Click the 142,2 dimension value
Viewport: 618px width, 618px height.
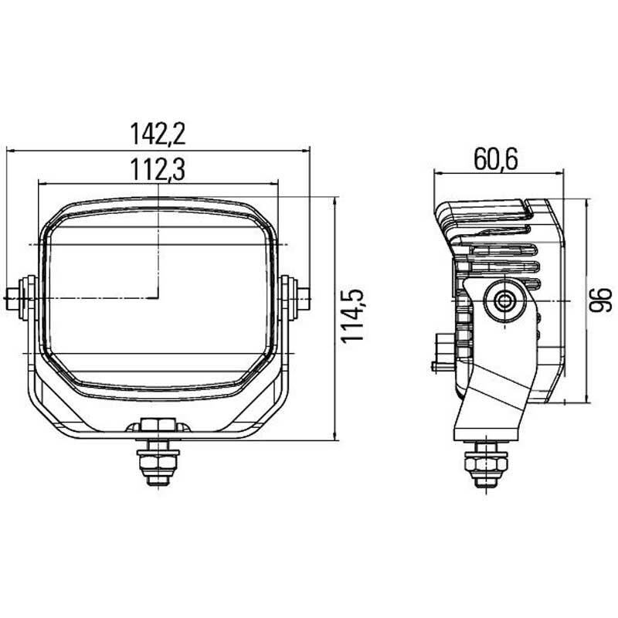click(158, 134)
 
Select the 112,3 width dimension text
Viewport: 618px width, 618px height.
click(158, 169)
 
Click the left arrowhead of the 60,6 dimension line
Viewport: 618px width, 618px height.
click(437, 173)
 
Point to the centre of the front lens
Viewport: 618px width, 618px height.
click(158, 297)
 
